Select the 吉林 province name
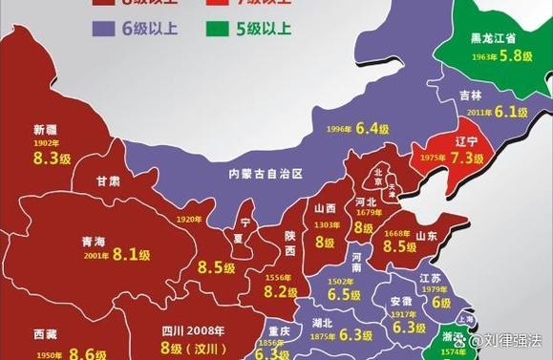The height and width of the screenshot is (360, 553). click(470, 95)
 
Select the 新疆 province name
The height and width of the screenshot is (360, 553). click(46, 129)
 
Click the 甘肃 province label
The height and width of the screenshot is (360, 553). click(107, 181)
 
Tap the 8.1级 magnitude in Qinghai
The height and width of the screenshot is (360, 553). click(132, 255)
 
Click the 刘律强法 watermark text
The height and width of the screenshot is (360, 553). click(512, 339)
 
